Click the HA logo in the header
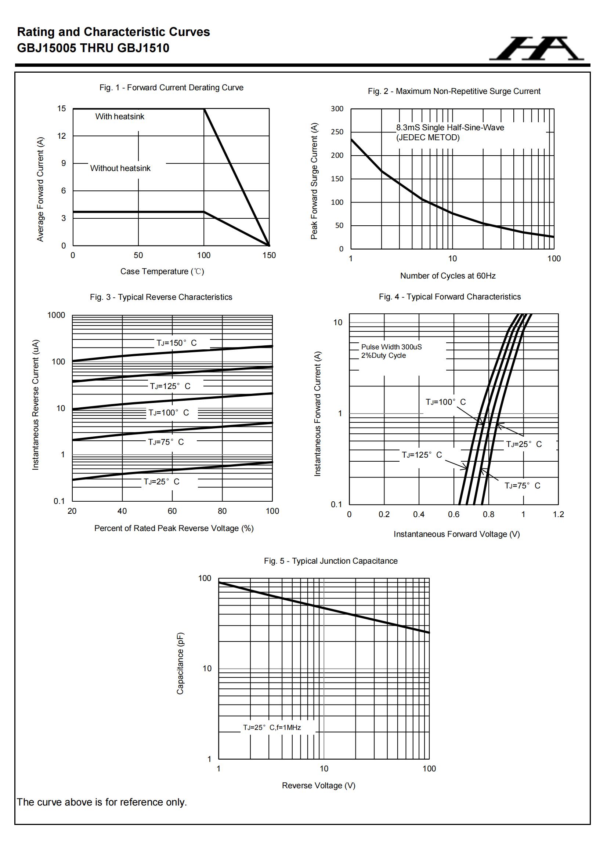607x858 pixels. click(536, 49)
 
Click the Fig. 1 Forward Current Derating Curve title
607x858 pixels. click(171, 87)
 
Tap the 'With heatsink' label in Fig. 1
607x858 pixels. click(120, 117)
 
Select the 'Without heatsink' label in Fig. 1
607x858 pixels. click(120, 168)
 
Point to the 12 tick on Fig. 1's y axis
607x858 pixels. click(62, 136)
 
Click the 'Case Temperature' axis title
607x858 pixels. click(162, 271)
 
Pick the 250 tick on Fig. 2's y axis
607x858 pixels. click(337, 132)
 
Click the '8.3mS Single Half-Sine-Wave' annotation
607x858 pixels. click(450, 128)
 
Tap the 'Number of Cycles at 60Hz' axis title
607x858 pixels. click(448, 276)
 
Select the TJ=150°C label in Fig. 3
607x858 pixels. click(176, 343)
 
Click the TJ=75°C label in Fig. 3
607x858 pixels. click(166, 442)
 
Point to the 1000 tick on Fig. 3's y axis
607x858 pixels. click(56, 315)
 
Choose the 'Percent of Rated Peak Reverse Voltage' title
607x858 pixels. click(174, 528)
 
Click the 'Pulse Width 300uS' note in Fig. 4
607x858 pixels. click(391, 347)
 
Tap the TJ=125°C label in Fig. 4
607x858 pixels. click(422, 455)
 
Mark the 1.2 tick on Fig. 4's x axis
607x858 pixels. click(558, 514)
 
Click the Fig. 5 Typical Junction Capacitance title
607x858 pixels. click(330, 561)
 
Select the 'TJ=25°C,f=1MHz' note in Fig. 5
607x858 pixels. click(272, 727)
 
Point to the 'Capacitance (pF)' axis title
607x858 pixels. click(180, 663)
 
